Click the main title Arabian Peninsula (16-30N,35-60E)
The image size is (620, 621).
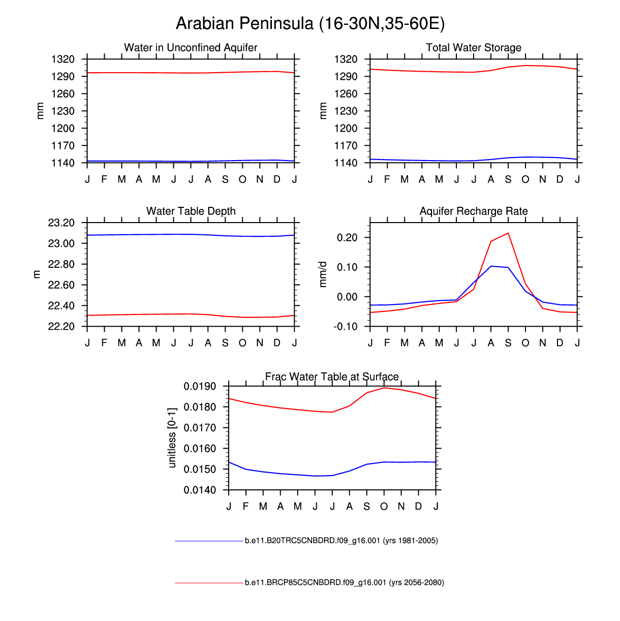(x=310, y=23)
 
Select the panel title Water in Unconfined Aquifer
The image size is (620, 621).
(x=191, y=48)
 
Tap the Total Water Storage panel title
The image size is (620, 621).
(x=474, y=48)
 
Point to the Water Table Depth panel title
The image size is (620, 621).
(x=191, y=211)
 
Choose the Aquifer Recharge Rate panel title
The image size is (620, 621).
(x=474, y=211)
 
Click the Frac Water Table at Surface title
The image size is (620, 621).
(x=332, y=377)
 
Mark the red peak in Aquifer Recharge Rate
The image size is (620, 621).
(x=508, y=233)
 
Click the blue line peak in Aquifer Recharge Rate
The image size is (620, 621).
(x=491, y=266)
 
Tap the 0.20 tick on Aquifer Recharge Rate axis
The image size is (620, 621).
(x=347, y=238)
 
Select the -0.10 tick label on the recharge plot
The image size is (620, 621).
(x=346, y=327)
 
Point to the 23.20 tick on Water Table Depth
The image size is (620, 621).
(x=61, y=223)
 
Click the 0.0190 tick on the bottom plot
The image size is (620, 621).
(x=200, y=387)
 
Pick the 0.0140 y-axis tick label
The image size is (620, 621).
(x=200, y=490)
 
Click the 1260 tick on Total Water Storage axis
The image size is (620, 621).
(x=346, y=94)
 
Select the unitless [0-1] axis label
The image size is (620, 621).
(x=172, y=437)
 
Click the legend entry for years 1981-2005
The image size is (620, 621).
(x=341, y=541)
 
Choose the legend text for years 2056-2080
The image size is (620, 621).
(x=344, y=582)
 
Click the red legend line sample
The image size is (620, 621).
(x=209, y=583)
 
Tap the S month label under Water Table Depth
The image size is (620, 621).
(x=225, y=343)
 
